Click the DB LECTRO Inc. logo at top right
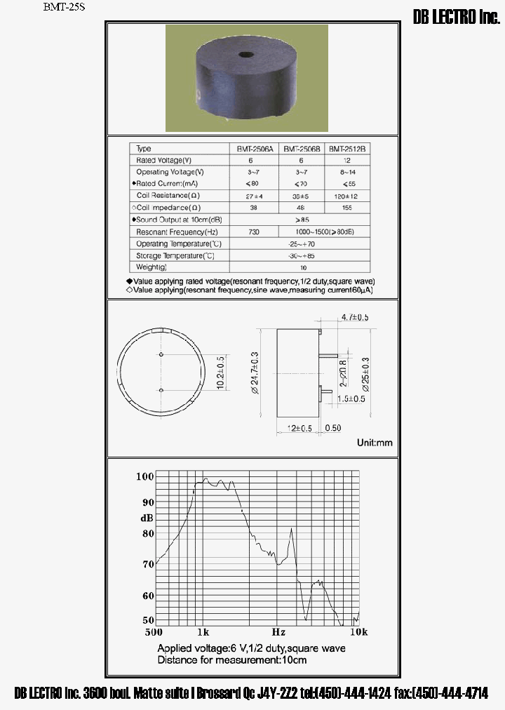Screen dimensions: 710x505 [x=456, y=19]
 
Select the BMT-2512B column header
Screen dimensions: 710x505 [x=348, y=149]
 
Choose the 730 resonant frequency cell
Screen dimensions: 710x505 [x=254, y=232]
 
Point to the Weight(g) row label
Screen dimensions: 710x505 [x=151, y=267]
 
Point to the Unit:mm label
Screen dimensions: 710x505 [x=375, y=443]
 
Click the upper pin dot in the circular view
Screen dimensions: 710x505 [x=161, y=355]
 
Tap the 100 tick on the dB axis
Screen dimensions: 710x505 [x=144, y=476]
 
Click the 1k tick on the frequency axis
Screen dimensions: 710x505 [x=203, y=631]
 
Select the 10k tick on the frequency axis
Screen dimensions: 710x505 [x=358, y=631]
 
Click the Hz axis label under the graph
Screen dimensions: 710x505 [x=278, y=631]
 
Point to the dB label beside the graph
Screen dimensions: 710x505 [x=147, y=518]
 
